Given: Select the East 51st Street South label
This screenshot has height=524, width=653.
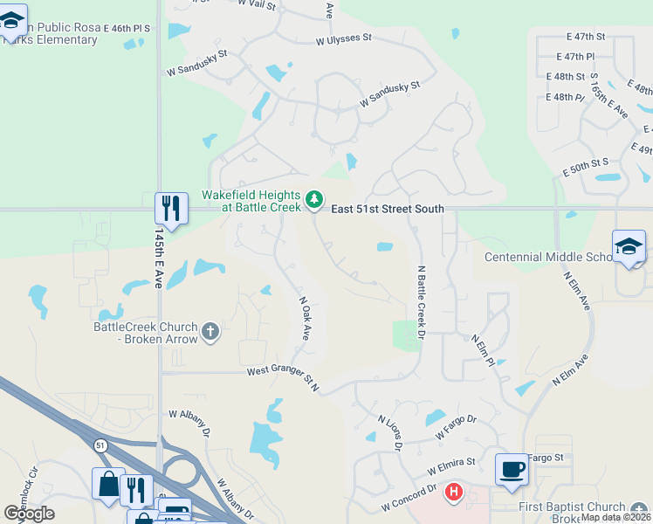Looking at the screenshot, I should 388,209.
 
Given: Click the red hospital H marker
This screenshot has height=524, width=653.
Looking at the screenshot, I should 453,493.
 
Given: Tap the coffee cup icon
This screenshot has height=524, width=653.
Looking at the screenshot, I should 512,469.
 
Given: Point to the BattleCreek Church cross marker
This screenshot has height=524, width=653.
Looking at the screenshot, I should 210,332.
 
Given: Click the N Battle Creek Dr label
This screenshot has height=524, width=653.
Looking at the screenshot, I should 420,303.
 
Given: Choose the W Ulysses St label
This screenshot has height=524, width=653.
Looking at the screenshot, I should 344,39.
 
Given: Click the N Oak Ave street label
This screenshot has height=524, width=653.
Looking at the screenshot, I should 305,314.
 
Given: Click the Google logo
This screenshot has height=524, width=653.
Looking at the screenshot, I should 29,514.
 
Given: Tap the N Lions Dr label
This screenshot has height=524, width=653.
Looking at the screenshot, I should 388,432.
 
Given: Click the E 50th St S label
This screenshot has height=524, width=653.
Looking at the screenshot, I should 585,163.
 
